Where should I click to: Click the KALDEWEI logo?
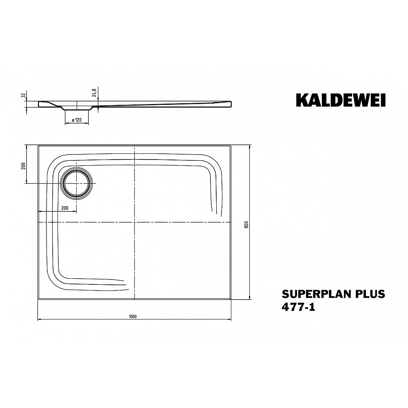[341, 100]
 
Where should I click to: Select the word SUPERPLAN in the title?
[313, 294]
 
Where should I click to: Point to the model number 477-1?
[299, 307]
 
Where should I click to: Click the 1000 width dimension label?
[133, 317]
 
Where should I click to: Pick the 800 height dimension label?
[247, 224]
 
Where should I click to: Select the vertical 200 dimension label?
[23, 166]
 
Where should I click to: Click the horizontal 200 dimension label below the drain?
[64, 208]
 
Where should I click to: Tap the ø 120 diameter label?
[77, 120]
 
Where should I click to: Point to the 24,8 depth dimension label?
[94, 92]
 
